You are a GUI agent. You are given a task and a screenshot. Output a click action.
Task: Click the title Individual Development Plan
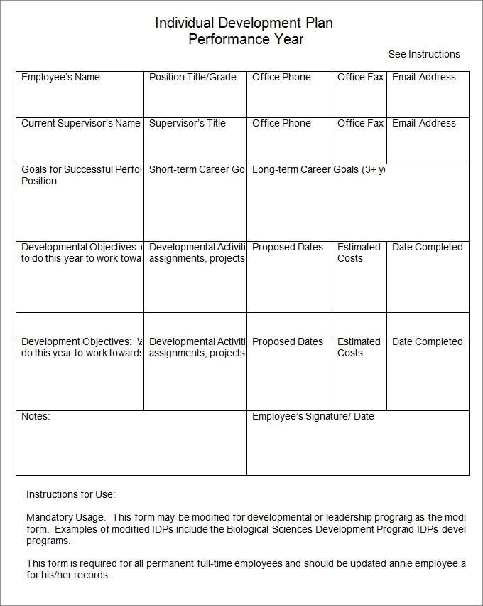coord(244,23)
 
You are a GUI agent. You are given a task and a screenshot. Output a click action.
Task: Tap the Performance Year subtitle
coord(245,40)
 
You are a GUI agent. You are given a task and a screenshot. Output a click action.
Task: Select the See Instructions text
coord(424,54)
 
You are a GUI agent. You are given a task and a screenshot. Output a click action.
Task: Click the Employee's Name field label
coord(60,77)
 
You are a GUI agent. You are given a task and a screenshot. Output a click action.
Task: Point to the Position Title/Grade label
coord(192,77)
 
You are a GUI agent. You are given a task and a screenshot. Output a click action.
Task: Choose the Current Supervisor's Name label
coord(80,123)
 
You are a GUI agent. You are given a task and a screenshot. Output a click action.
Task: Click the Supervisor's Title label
coord(187,123)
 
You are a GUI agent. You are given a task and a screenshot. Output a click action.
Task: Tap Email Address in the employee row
coord(424,77)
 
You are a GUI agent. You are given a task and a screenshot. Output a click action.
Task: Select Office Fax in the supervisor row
coord(360,123)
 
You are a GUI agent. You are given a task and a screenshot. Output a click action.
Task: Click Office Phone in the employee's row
coord(281,77)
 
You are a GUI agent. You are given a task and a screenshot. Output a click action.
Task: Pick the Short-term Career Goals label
coord(197,170)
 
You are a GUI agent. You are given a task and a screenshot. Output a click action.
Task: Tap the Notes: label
coord(36,416)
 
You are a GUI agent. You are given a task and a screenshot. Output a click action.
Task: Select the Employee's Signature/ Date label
coord(313,416)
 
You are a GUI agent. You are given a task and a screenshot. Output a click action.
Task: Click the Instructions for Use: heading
coord(70,494)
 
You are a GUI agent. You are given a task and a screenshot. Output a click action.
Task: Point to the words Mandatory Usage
coord(65,517)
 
